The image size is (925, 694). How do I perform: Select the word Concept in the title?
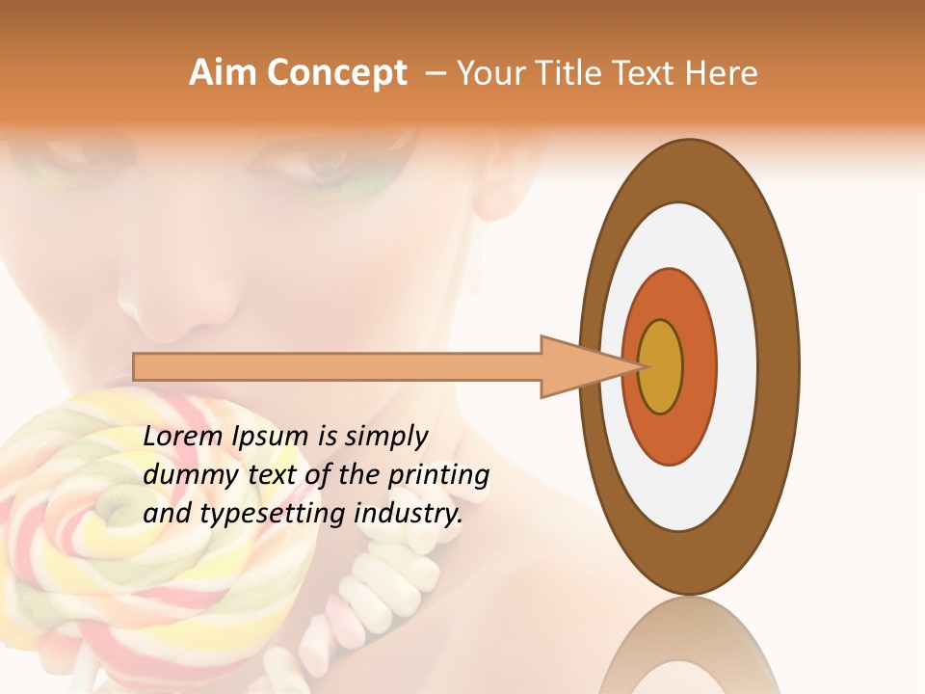[335, 73]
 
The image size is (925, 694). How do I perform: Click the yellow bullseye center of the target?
[660, 366]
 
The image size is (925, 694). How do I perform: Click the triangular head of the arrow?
[578, 366]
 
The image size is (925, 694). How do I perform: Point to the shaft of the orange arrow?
[337, 366]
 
